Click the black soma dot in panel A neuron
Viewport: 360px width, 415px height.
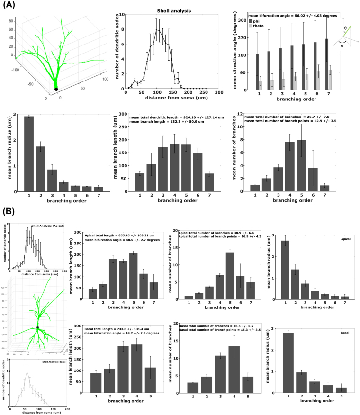coord(56,89)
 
